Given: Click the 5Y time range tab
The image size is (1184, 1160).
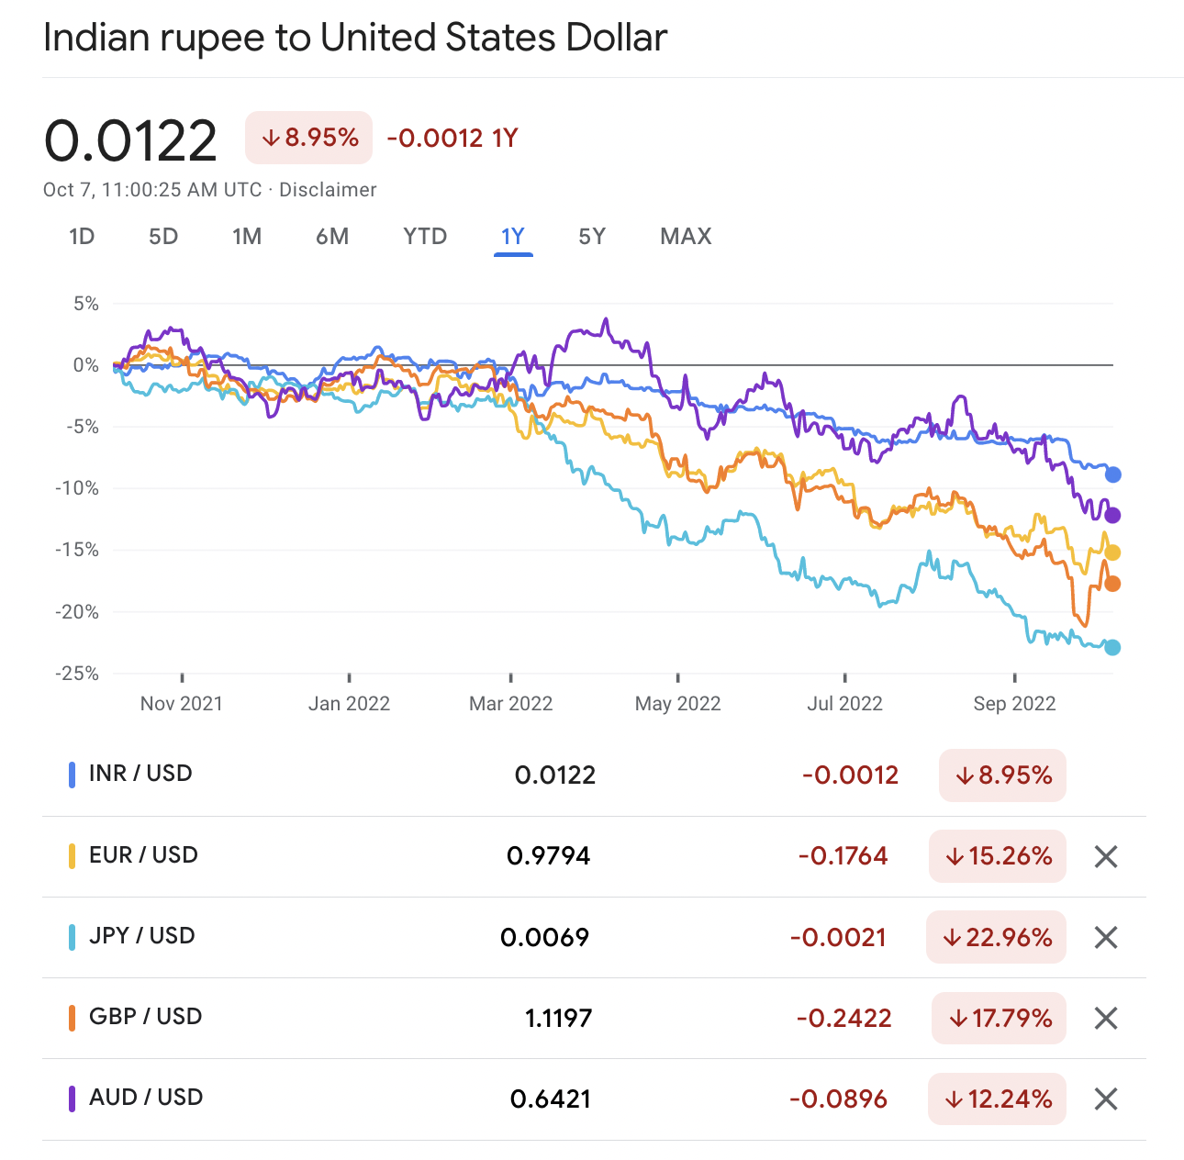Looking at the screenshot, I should (592, 237).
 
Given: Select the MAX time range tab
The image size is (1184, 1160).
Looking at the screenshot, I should (686, 237).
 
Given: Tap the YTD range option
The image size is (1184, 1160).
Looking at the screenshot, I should (425, 237).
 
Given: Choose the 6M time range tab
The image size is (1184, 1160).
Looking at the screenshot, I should (332, 237).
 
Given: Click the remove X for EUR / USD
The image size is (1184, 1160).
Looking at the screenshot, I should (1106, 857).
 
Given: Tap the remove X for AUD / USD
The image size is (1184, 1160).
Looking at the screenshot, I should (1106, 1099).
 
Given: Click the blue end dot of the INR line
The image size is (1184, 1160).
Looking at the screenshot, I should (1113, 474).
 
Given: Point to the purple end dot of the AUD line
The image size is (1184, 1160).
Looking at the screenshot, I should (1113, 515).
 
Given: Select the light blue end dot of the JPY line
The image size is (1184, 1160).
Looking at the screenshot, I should (1113, 648).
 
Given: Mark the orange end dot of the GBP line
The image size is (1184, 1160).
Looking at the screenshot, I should (1112, 584).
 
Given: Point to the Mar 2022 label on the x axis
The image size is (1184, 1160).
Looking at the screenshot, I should (510, 704).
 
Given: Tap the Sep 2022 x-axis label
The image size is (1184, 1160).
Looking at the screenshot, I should (1014, 704).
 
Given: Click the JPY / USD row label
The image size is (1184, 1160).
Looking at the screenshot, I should (142, 936).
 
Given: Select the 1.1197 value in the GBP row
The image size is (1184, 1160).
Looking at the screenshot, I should (558, 1019).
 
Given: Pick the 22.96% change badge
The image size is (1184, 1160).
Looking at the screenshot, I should (997, 938).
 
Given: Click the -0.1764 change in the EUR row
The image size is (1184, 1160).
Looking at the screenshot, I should (843, 857).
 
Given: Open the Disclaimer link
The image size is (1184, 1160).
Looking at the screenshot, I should (328, 190).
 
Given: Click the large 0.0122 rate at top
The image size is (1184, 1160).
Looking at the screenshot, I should (130, 140).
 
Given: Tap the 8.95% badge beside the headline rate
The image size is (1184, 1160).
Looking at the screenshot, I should (309, 138).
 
